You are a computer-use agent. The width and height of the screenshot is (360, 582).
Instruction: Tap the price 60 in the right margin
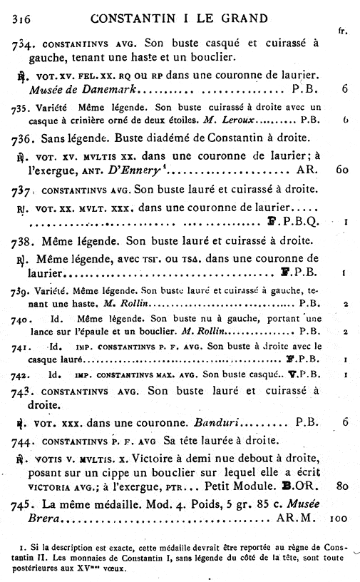tap(342, 171)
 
